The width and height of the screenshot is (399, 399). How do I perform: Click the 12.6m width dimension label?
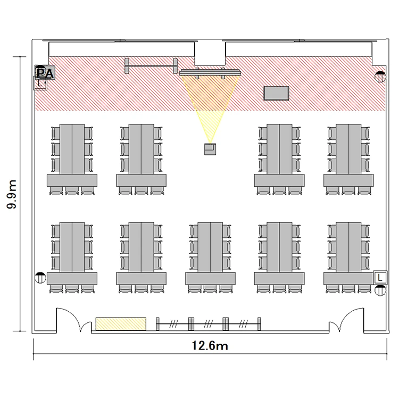coord(210,346)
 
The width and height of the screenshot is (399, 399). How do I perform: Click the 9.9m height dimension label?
coord(12,194)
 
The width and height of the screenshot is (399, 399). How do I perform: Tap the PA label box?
coord(45,73)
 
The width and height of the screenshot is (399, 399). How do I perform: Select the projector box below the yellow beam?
coord(210,149)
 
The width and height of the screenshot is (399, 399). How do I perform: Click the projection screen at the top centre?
coord(210,72)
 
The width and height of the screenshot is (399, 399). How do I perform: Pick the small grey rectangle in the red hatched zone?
coord(276,94)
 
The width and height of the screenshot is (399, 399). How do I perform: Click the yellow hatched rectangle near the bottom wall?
coord(121,323)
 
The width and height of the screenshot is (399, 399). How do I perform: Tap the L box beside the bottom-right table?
coord(380,277)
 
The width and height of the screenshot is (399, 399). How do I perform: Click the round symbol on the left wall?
coord(40,277)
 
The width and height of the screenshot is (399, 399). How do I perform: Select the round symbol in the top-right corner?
coord(380,77)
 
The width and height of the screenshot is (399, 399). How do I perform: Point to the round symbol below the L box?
coord(380,290)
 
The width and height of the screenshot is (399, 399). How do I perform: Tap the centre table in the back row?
coord(211,247)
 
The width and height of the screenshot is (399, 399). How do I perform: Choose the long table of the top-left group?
coord(72,149)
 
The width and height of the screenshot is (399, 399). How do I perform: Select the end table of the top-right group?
coord(348,180)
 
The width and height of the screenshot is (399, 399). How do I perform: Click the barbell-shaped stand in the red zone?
coord(151,66)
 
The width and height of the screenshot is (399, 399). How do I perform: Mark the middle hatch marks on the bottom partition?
coord(208,323)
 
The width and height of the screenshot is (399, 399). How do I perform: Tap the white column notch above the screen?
coord(210,53)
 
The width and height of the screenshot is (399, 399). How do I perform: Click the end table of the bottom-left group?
coord(72,278)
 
